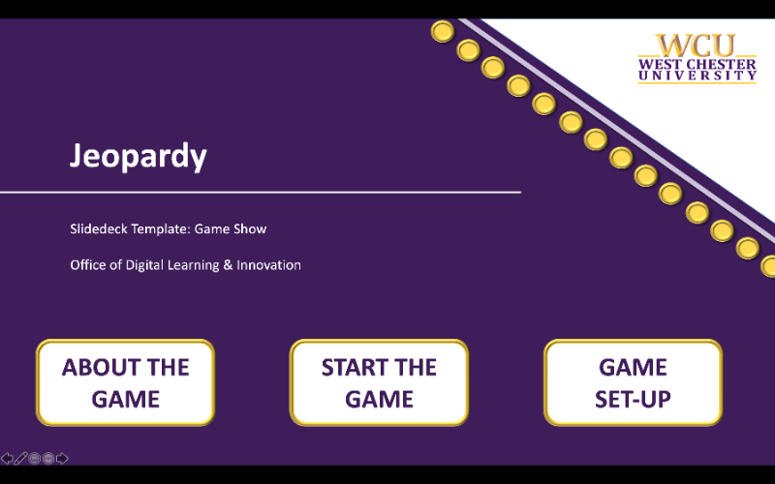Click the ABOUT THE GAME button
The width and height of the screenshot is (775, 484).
pyautogui.click(x=125, y=382)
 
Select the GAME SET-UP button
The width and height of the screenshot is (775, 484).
pyautogui.click(x=633, y=382)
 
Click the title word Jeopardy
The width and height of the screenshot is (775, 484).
pyautogui.click(x=138, y=156)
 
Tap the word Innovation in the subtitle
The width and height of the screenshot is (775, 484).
pyautogui.click(x=270, y=264)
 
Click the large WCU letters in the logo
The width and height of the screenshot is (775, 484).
pyautogui.click(x=695, y=45)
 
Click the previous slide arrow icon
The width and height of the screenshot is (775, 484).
pyautogui.click(x=7, y=458)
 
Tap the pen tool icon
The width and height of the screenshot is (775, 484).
pyautogui.click(x=20, y=458)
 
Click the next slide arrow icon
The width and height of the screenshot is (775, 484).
pyautogui.click(x=62, y=458)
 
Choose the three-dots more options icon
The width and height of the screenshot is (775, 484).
pyautogui.click(x=48, y=458)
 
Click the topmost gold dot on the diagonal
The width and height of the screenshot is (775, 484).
pyautogui.click(x=442, y=32)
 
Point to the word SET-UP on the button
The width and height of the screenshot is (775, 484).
pyautogui.click(x=633, y=399)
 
